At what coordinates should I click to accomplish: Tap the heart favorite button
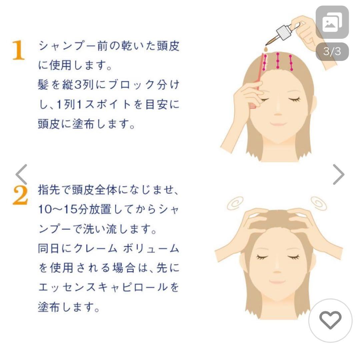330,320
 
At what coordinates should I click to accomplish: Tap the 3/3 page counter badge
332,52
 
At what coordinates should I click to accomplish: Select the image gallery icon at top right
332,22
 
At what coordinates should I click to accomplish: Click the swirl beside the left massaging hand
235,203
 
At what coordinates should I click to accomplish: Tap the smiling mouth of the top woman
278,124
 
